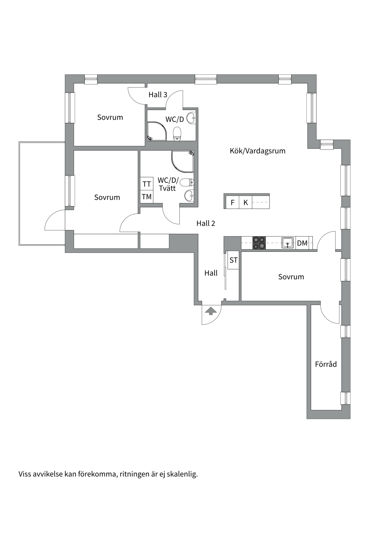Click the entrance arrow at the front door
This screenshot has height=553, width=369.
(x=211, y=311)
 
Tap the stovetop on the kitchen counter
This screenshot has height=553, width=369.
(x=259, y=243)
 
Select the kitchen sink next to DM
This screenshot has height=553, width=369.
(x=288, y=243)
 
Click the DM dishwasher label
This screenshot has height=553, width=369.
(x=302, y=243)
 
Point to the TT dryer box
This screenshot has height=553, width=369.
(x=147, y=184)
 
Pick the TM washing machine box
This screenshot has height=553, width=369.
(x=147, y=197)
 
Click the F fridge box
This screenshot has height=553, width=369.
(x=233, y=202)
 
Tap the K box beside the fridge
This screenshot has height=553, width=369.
(x=246, y=202)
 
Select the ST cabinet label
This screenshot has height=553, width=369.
(x=234, y=260)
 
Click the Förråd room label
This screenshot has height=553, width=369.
(x=326, y=364)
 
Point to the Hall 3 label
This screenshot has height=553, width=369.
(x=158, y=94)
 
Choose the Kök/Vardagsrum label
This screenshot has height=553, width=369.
(x=257, y=151)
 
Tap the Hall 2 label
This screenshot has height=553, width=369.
(x=206, y=223)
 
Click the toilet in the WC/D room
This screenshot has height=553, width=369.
(x=177, y=134)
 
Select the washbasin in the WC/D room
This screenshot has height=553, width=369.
(x=191, y=118)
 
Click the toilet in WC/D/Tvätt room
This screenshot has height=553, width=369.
(x=187, y=182)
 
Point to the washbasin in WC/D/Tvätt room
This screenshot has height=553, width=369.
(x=189, y=196)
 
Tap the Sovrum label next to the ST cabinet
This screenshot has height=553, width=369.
(x=291, y=277)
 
